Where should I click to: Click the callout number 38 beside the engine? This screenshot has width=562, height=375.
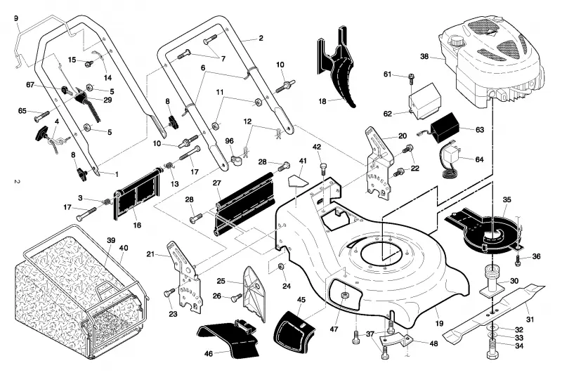tap(424, 56)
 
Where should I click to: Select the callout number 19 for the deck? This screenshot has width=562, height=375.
tap(439, 324)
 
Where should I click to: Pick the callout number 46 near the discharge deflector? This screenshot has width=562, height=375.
tap(208, 354)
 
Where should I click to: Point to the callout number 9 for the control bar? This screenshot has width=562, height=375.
tap(15, 18)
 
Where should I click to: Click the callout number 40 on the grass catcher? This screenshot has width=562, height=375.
tap(124, 247)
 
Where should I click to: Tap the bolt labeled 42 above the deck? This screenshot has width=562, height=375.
tap(324, 168)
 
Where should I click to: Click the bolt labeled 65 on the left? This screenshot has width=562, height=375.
tap(42, 115)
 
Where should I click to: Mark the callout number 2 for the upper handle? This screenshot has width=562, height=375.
tap(261, 38)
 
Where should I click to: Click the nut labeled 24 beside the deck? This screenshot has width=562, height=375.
tap(282, 267)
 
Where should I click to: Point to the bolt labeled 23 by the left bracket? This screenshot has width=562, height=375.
tap(169, 293)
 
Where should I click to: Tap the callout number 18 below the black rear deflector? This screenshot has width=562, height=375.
tap(322, 101)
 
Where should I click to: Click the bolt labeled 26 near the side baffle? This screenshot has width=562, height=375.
tap(237, 297)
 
